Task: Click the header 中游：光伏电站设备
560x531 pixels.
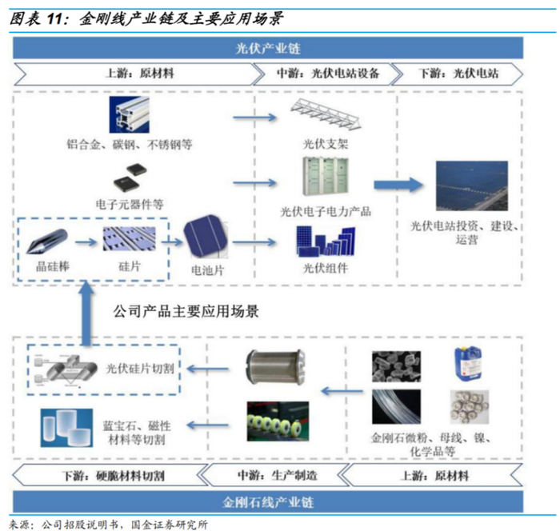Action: tap(328, 73)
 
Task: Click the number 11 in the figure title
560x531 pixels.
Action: tap(59, 16)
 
